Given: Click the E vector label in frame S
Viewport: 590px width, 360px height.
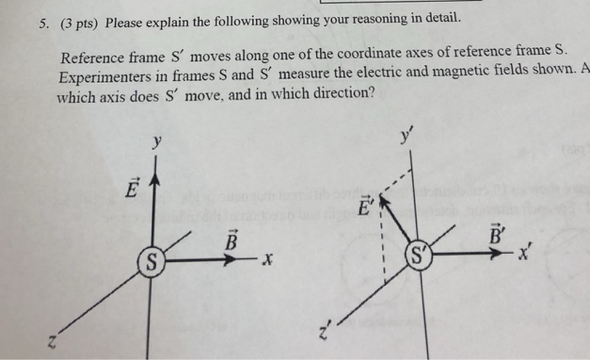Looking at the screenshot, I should [131, 188].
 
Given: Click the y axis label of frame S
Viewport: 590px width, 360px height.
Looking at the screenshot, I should [156, 142].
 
